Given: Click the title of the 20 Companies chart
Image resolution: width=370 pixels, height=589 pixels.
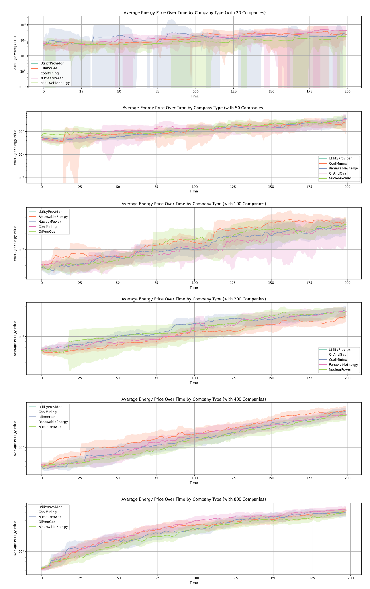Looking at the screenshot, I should tap(194, 13).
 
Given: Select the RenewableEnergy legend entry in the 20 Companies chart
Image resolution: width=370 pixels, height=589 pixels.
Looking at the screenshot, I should tap(55, 83).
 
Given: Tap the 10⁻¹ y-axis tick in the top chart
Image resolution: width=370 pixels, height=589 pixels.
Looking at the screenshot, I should tap(23, 86).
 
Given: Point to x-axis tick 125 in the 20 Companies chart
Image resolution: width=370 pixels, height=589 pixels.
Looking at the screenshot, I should tap(233, 92).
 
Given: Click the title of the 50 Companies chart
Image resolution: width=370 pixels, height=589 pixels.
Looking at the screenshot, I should tap(194, 108).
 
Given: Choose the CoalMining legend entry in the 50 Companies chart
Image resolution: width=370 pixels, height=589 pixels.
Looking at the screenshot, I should tap(338, 163).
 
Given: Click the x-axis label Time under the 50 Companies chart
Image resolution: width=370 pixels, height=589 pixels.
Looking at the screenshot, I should tap(194, 192).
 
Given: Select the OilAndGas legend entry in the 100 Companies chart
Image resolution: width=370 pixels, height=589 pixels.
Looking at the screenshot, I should tap(47, 232).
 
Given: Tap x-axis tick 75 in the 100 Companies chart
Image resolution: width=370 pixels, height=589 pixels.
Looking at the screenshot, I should tap(156, 283).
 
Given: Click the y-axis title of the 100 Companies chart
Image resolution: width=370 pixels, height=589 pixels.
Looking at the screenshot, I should tap(15, 243).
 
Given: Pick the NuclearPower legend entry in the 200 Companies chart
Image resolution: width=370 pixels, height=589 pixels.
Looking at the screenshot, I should tap(340, 369).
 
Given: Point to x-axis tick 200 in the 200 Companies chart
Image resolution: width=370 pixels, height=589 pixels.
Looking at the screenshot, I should tap(348, 378).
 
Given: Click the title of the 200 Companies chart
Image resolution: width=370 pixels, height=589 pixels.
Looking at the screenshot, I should tap(194, 299).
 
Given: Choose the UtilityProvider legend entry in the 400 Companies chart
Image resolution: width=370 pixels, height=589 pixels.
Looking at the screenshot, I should tap(50, 407).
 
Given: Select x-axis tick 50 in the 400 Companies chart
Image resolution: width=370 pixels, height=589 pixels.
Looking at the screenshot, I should tap(118, 478).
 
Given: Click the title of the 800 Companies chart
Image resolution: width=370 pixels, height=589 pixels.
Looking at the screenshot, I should tap(194, 499).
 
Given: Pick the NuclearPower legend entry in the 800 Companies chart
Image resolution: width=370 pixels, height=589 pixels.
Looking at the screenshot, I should tap(50, 517).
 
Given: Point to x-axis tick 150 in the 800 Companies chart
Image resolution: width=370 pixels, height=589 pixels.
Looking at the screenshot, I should tap(273, 578).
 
